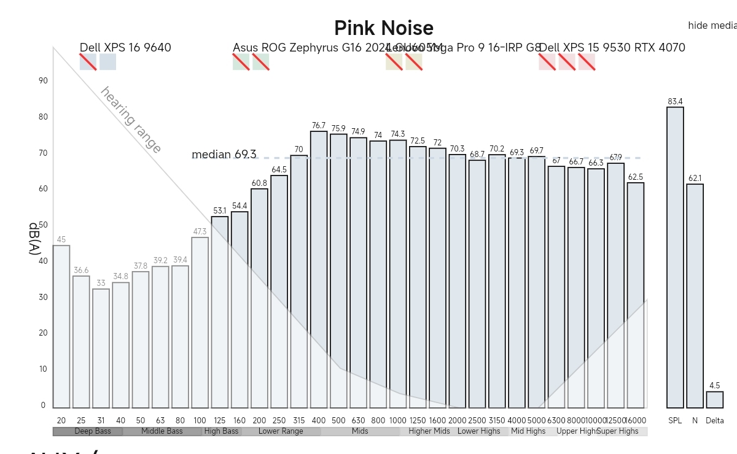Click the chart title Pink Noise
(x=384, y=28)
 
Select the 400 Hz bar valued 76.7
(x=319, y=270)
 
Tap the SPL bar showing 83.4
(x=675, y=258)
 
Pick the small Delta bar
(x=714, y=400)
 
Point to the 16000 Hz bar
(x=636, y=294)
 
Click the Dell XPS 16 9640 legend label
(x=125, y=48)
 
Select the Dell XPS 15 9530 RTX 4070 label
(x=612, y=48)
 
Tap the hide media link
(x=712, y=25)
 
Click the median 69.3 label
(x=224, y=155)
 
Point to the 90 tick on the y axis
(x=43, y=80)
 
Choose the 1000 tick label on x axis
(x=398, y=420)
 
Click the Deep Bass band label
(x=93, y=431)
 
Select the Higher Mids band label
(x=429, y=431)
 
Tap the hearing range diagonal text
(x=131, y=120)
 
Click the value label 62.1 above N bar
(x=695, y=179)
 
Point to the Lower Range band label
(x=281, y=431)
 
